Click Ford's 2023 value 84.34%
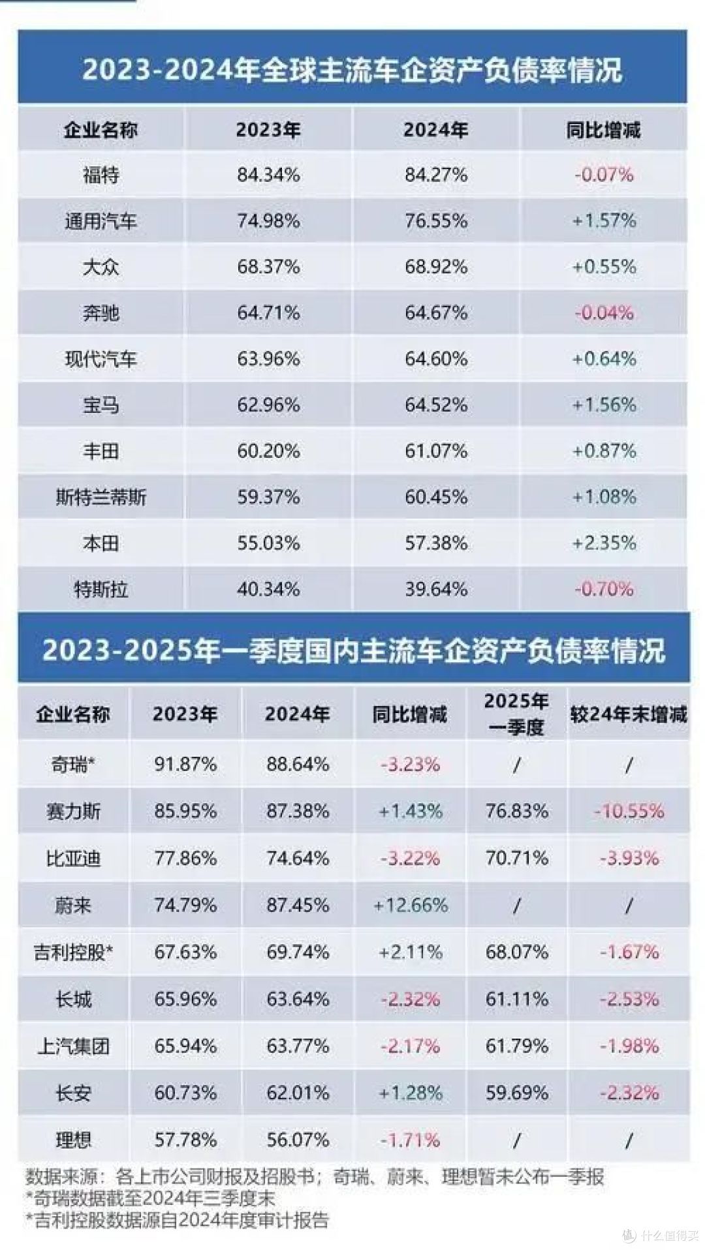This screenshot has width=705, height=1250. coord(268,175)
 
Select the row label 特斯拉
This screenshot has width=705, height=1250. coord(101,590)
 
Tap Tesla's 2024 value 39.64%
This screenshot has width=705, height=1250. coord(436,590)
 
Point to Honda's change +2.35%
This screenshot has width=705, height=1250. coord(604,543)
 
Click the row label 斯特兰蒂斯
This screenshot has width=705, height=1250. coord(101,498)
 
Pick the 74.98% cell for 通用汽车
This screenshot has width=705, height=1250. coord(268,221)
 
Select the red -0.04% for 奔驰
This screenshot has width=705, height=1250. coord(604,313)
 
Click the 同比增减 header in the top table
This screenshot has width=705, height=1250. coord(604,130)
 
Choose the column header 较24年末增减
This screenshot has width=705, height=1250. coord(629,714)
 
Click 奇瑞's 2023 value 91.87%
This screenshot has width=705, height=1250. coord(185,764)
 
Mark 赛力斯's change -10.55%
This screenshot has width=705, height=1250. coord(629,812)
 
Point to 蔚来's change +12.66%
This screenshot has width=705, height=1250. coord(411,906)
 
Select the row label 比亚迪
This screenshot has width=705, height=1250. coord(73,859)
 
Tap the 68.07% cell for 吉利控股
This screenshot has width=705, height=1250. coord(516,953)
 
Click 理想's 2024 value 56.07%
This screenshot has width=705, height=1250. coord(298,1140)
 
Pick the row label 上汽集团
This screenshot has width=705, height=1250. coord(73,1046)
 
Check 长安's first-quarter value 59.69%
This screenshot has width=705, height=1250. coord(516,1093)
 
